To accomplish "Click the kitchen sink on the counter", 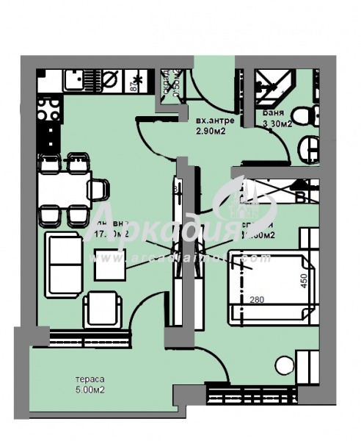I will pos(75,79).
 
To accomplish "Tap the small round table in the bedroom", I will pos(284,364).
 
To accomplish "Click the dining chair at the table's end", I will pos(99,190).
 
